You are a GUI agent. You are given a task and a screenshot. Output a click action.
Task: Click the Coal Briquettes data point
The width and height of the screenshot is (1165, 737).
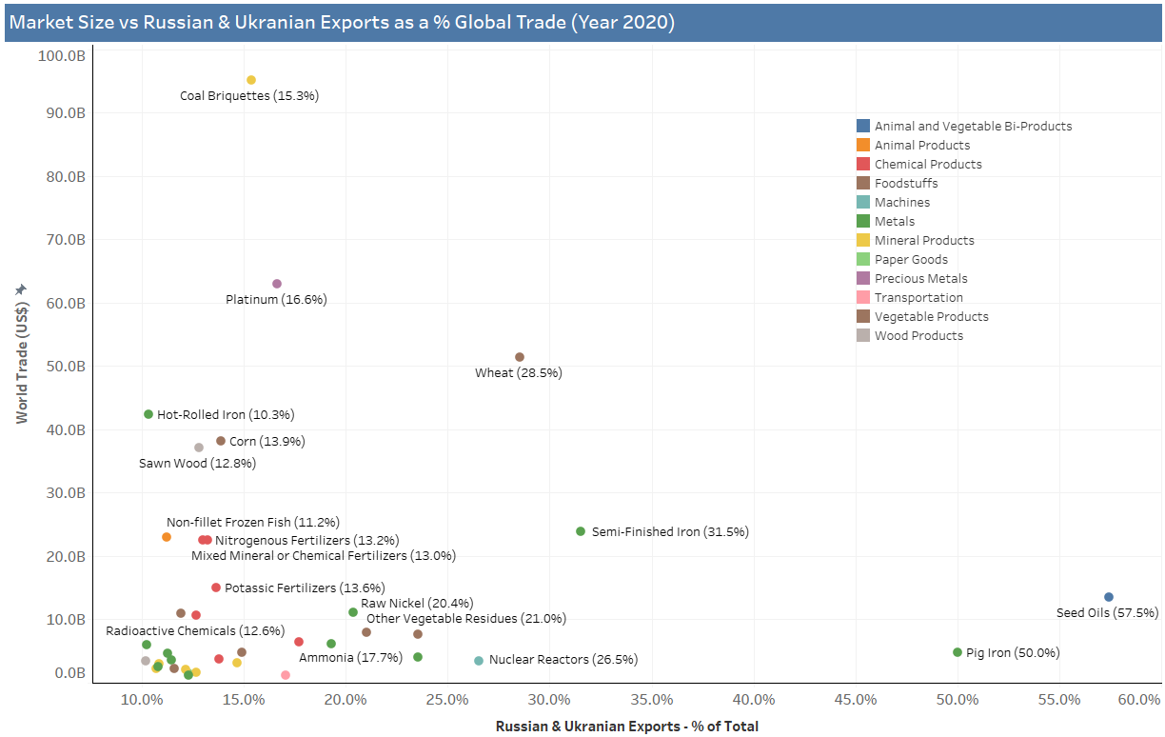251,80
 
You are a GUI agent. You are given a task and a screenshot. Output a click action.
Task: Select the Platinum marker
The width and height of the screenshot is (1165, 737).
277,284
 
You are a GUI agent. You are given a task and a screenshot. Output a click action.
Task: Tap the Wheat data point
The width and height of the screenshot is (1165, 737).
520,357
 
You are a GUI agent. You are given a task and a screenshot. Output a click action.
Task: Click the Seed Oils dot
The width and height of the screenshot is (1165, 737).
1109,597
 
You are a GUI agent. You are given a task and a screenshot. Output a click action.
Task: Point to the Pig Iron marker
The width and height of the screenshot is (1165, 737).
958,652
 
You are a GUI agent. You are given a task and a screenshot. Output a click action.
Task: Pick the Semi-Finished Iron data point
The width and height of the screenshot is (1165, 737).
581,531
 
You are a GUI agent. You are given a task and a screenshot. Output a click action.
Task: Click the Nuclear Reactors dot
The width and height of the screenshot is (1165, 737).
479,661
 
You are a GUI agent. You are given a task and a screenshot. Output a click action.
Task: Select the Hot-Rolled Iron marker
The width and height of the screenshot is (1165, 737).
148,414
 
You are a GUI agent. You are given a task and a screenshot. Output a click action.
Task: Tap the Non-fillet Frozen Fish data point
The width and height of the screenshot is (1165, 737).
167,537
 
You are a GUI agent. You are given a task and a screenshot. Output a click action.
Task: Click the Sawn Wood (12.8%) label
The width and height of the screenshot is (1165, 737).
197,464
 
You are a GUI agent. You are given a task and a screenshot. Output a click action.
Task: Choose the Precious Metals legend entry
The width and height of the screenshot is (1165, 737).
920,278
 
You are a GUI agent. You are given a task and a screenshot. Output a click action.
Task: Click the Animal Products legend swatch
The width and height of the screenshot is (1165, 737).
862,145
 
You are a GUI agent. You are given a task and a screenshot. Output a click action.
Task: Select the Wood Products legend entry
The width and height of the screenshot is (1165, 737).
918,335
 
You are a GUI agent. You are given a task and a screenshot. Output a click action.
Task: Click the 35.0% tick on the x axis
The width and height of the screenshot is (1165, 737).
652,701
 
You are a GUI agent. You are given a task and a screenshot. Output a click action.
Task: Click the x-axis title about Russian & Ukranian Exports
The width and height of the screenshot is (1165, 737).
626,727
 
